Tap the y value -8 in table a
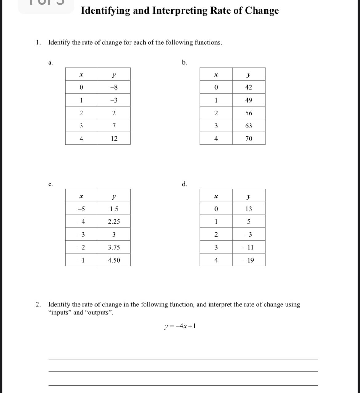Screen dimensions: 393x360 click(114, 87)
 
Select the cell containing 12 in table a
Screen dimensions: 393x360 click(114, 139)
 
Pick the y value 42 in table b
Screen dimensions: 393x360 click(249, 87)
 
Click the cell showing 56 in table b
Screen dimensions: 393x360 click(249, 113)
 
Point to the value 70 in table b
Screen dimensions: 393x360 click(249, 139)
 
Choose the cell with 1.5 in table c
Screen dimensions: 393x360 click(114, 209)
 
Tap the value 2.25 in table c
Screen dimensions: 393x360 click(114, 222)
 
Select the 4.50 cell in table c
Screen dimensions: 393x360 click(114, 261)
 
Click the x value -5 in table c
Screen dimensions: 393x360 click(81, 209)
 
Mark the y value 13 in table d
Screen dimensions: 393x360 click(249, 209)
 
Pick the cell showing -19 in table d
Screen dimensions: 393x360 click(248, 261)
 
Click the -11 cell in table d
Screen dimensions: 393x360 click(248, 248)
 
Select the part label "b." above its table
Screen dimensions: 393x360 click(184, 63)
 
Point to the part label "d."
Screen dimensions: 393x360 click(184, 184)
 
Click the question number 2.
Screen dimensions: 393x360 click(38, 305)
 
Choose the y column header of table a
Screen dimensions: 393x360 click(114, 75)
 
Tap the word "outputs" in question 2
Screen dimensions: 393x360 click(98, 313)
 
